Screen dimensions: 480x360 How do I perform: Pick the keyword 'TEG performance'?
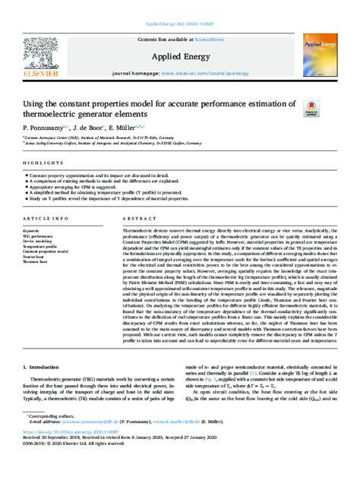tap(42, 236)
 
